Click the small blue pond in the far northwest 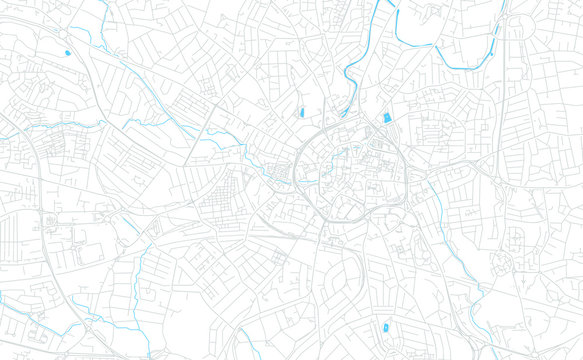click(68, 52)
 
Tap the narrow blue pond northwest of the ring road click(300, 112)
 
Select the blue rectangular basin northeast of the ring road click(387, 118)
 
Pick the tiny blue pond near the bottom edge click(383, 329)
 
